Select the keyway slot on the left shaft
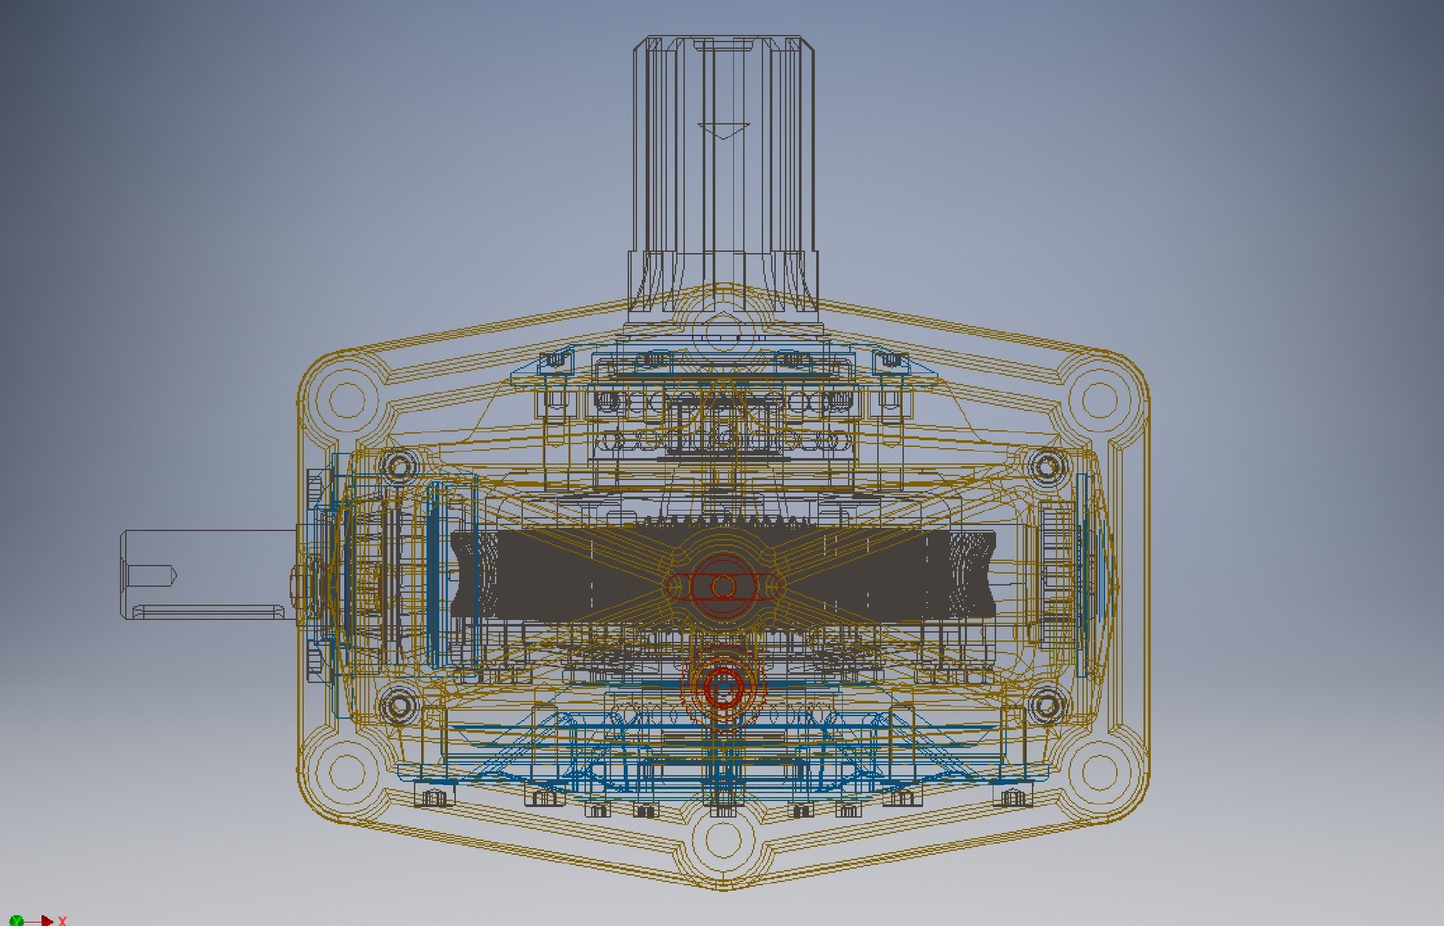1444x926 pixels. point(210,610)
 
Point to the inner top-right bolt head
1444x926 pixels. point(1047,466)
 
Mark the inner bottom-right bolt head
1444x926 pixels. point(1047,707)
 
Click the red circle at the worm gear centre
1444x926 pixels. point(723,586)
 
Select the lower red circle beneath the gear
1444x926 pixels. point(723,686)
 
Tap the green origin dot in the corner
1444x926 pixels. point(16,921)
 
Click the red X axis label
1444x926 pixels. point(62,921)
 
